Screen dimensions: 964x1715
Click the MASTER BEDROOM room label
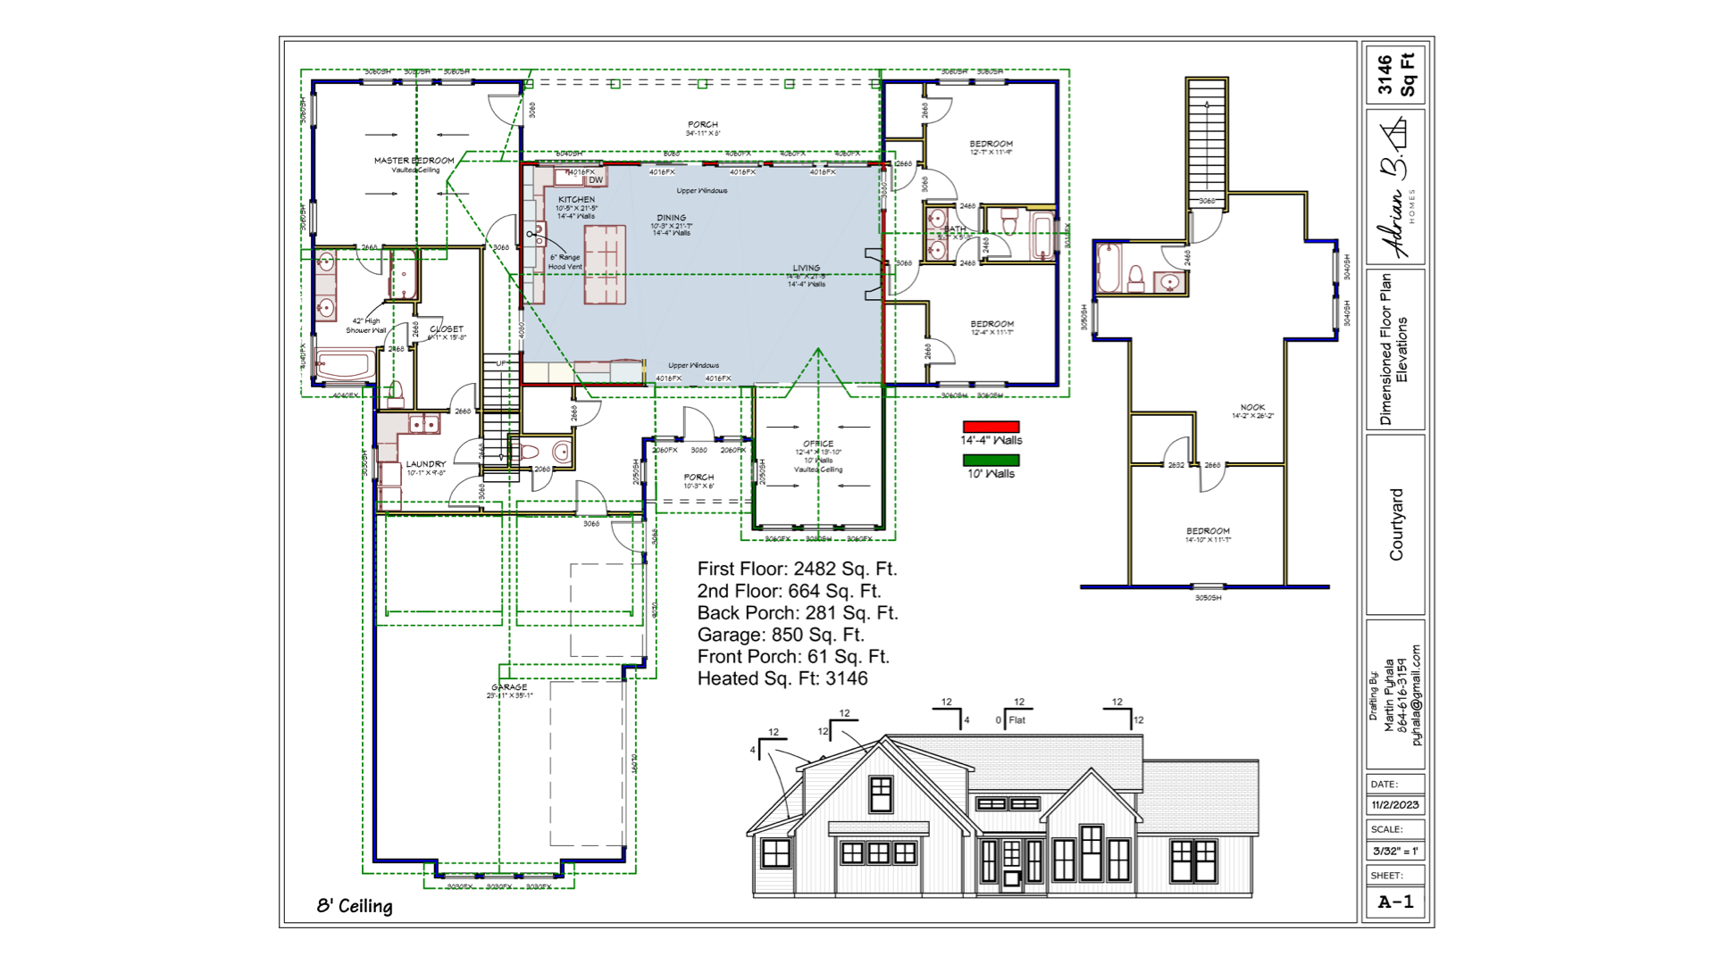coord(414,161)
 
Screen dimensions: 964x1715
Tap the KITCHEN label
coord(576,200)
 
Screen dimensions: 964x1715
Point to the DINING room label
coord(671,218)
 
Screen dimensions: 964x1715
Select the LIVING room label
coord(806,268)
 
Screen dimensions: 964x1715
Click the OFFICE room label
coord(817,444)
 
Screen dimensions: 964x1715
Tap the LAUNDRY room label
coord(425,464)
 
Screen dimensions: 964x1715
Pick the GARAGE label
coord(509,687)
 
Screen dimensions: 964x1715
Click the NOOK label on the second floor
coord(1252,407)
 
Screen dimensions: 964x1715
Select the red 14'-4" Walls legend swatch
coord(991,427)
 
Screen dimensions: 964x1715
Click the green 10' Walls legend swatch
coord(991,461)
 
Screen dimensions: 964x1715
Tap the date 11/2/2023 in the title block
coord(1394,805)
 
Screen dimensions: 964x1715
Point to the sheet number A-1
coord(1395,902)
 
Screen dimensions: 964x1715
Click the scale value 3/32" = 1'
coord(1394,852)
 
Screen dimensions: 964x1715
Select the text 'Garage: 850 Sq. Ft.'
coord(781,635)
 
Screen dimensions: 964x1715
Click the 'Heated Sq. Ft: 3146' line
coord(782,678)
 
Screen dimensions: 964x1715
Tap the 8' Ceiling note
coord(355,906)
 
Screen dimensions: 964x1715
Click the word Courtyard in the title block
coord(1396,525)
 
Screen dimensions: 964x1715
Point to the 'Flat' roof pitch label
coord(1017,720)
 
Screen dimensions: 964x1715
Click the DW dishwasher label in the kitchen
coord(596,180)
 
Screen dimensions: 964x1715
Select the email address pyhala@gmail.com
coord(1416,695)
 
